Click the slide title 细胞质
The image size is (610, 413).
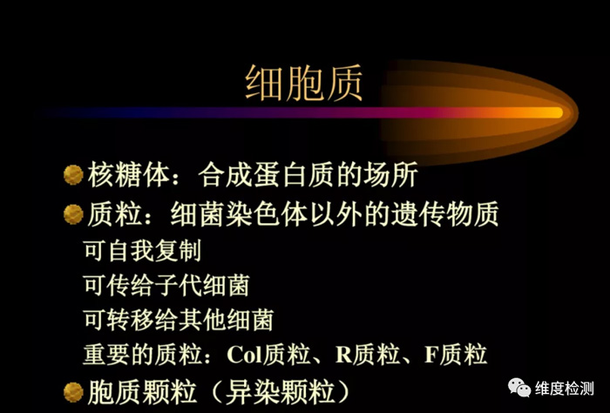coord(304,83)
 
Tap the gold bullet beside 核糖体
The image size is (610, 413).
coord(73,174)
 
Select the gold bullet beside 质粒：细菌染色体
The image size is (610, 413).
coord(73,214)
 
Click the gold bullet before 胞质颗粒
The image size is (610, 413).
coord(73,392)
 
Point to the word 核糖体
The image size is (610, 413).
coord(129,174)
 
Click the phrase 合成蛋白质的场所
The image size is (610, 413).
coord(308,174)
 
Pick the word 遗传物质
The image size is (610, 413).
coord(444,214)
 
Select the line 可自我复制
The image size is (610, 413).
coord(142,250)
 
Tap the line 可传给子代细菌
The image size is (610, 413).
coord(166,285)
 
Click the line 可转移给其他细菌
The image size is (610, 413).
coord(179,320)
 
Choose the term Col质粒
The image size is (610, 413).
coord(268,355)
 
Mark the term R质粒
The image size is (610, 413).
coord(368,355)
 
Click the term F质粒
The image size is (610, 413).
coord(456,355)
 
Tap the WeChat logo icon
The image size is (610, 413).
coord(519,388)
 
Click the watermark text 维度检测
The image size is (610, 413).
coord(565,388)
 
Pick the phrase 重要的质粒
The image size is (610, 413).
coord(142,355)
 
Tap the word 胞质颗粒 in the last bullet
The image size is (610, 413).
coord(142,392)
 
